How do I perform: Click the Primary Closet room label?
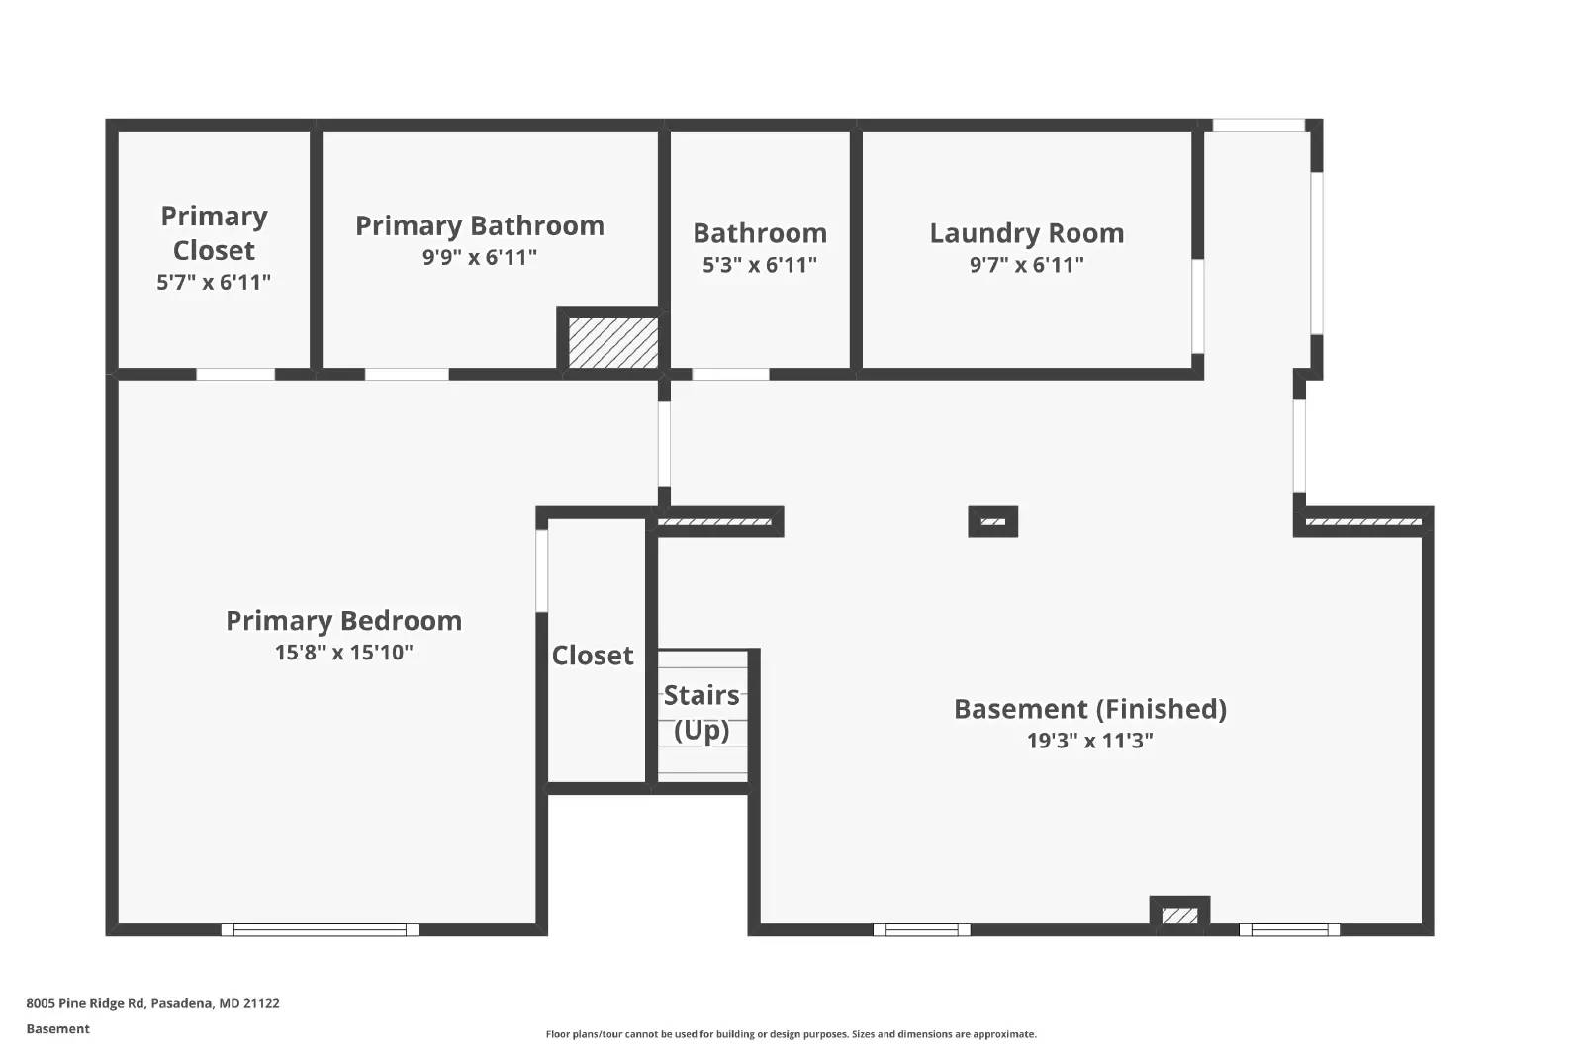pyautogui.click(x=214, y=233)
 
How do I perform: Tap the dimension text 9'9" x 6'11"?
pyautogui.click(x=480, y=257)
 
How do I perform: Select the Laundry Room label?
pyautogui.click(x=1027, y=233)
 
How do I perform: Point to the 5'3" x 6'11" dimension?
pyautogui.click(x=760, y=265)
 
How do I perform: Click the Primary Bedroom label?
pyautogui.click(x=343, y=620)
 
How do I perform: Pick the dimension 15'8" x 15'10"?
pyautogui.click(x=343, y=653)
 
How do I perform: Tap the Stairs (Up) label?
pyautogui.click(x=701, y=712)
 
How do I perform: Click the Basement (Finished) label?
pyautogui.click(x=1089, y=709)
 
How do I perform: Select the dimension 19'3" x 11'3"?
pyautogui.click(x=1089, y=741)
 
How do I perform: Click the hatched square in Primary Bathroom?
pyautogui.click(x=613, y=342)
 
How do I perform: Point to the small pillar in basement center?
pyautogui.click(x=992, y=521)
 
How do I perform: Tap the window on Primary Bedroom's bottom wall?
pyautogui.click(x=320, y=929)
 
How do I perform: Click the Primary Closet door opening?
pyautogui.click(x=235, y=374)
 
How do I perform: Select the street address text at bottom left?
pyautogui.click(x=152, y=1003)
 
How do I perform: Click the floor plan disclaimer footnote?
pyautogui.click(x=791, y=1034)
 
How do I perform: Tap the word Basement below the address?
pyautogui.click(x=57, y=1029)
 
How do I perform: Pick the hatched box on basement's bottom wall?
pyautogui.click(x=1178, y=916)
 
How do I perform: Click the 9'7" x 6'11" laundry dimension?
pyautogui.click(x=1027, y=265)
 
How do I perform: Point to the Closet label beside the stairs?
pyautogui.click(x=593, y=656)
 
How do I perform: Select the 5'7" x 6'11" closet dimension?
pyautogui.click(x=214, y=283)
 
